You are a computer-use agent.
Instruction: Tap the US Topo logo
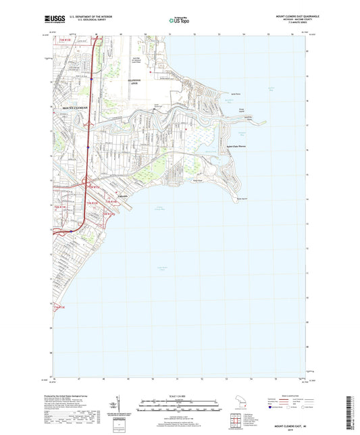coord(178,20)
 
